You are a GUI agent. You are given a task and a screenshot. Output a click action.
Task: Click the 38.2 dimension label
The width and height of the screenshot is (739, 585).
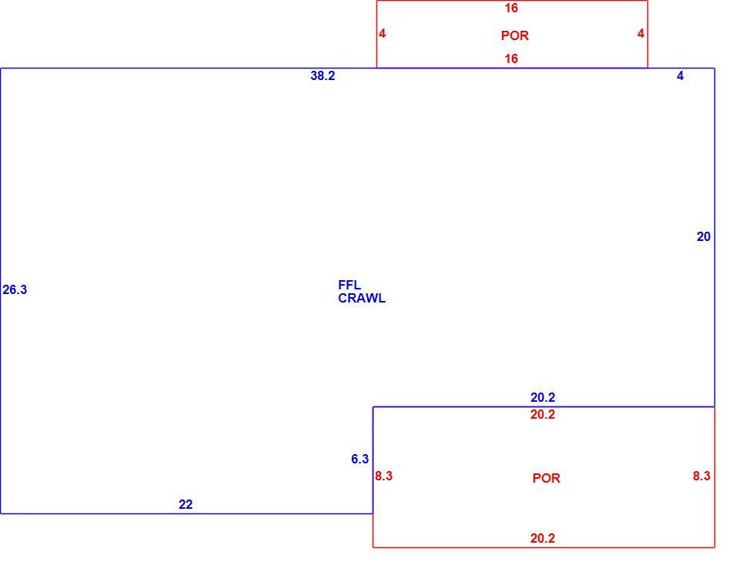click(323, 76)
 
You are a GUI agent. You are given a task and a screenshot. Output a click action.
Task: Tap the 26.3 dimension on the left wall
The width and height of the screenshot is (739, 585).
click(15, 290)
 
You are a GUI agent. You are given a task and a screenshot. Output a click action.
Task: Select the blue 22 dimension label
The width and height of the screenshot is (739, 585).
click(186, 505)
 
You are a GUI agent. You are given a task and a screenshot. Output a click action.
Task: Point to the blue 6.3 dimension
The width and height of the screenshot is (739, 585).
click(360, 459)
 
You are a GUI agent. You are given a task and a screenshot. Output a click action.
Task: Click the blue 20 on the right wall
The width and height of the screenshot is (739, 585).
click(704, 236)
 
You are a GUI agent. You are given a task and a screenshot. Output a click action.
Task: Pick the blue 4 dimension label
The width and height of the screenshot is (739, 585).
click(680, 76)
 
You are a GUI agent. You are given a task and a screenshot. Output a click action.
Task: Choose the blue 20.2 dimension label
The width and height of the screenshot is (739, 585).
click(543, 398)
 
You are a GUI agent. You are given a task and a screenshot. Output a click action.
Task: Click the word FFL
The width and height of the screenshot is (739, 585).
click(349, 286)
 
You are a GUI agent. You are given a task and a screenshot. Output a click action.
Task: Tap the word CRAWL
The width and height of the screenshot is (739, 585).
click(362, 299)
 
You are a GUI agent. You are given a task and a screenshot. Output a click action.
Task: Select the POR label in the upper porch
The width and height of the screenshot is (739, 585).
click(515, 36)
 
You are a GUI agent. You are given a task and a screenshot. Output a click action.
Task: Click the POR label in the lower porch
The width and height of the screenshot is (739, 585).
click(547, 479)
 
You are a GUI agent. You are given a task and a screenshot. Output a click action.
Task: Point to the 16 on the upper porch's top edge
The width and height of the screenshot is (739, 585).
click(511, 8)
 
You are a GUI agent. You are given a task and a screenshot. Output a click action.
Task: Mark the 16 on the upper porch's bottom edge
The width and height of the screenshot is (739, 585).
click(511, 59)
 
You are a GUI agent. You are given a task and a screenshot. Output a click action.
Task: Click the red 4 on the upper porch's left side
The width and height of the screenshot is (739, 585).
click(383, 33)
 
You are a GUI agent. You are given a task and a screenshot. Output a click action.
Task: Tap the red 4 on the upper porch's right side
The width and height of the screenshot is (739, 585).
click(641, 33)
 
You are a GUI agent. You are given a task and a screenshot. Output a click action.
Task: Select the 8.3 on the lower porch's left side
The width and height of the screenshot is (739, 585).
click(383, 476)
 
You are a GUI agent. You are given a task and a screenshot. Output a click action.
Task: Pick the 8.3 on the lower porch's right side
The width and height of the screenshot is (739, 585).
click(701, 476)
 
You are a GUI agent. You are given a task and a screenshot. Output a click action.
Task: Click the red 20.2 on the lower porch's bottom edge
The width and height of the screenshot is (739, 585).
click(543, 538)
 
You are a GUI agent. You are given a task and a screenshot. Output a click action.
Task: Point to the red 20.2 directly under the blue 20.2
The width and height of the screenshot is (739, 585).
click(543, 415)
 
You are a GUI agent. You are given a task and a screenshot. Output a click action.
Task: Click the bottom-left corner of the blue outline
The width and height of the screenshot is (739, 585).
click(1, 513)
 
